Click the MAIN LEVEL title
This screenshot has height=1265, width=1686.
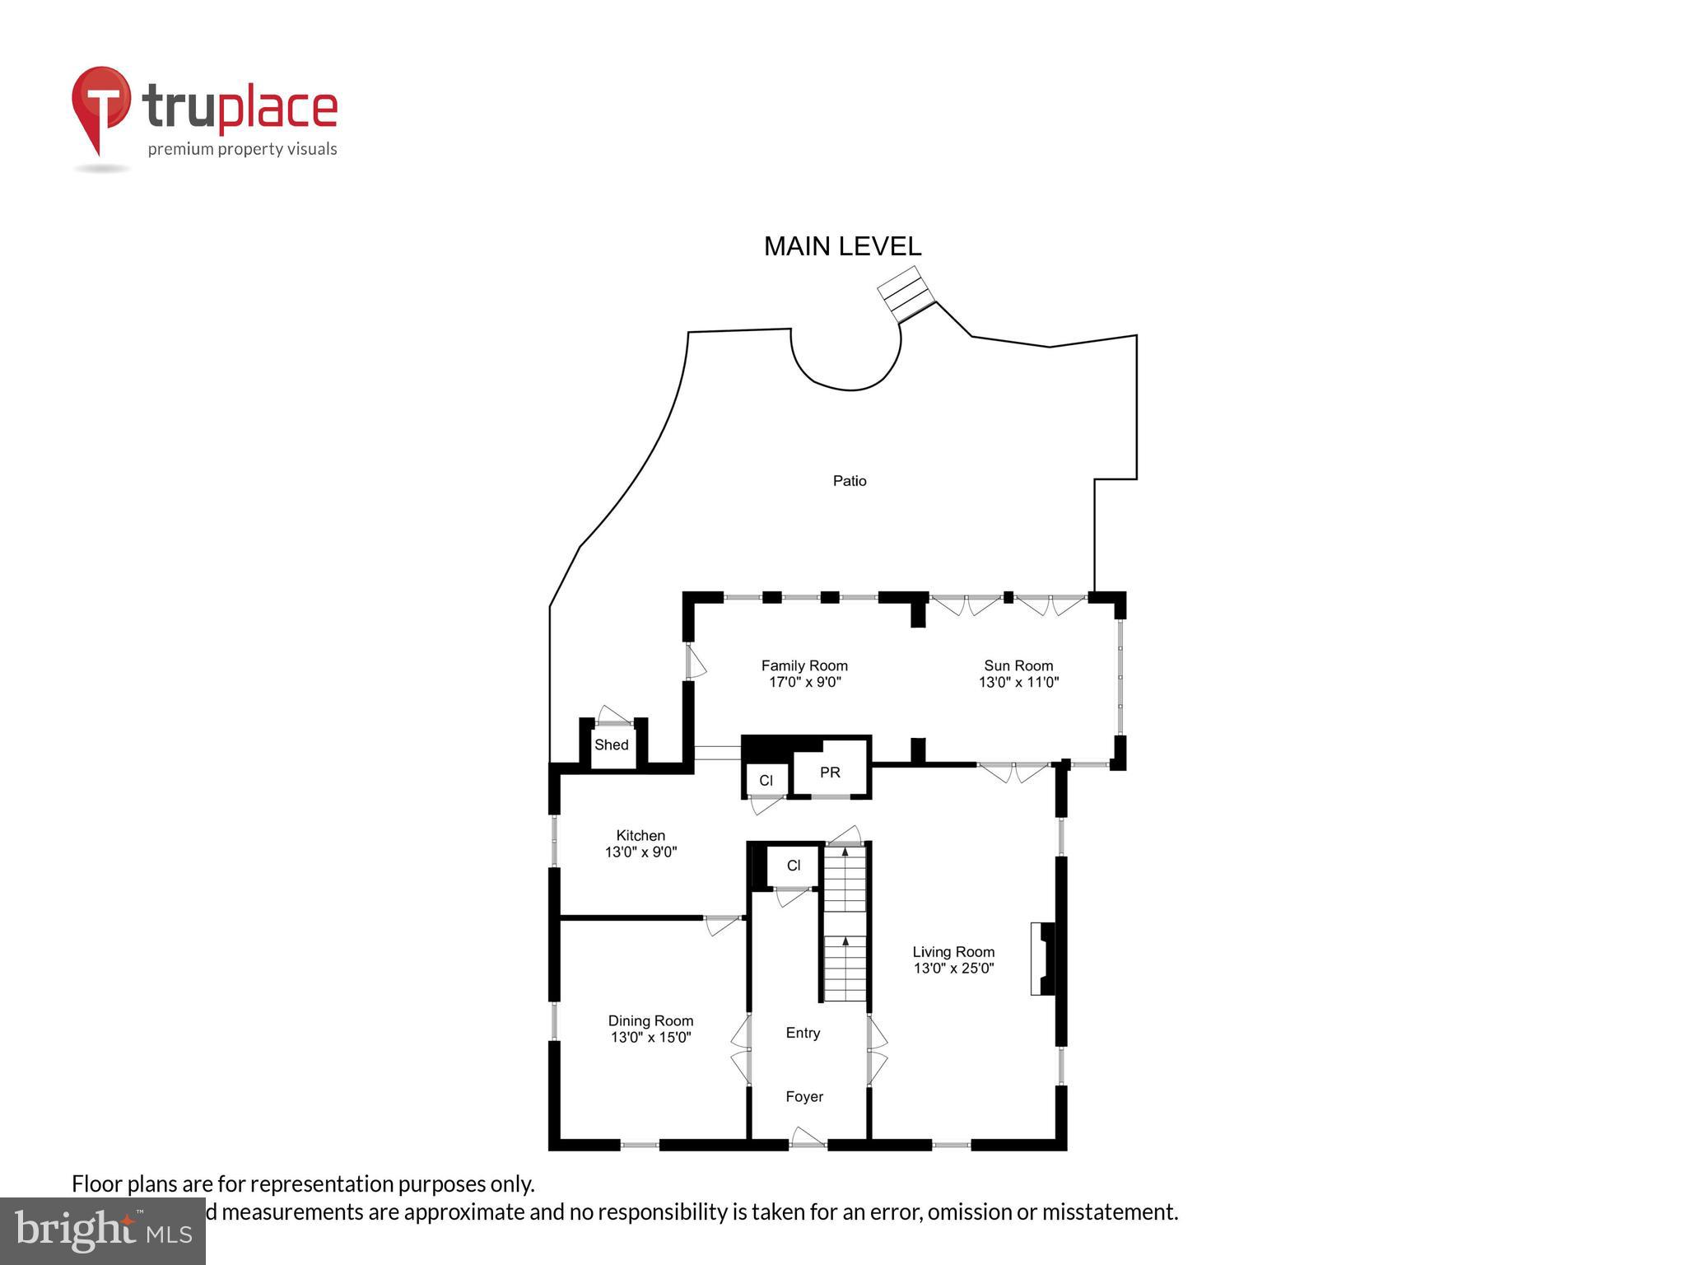[842, 246]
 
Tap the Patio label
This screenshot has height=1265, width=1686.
[849, 481]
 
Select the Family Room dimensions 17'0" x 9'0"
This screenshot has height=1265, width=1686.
[804, 682]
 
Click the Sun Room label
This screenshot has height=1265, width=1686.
[1018, 665]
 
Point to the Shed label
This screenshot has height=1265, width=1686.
[611, 745]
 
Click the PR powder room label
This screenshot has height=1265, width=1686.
[830, 773]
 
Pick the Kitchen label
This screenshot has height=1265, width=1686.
[640, 835]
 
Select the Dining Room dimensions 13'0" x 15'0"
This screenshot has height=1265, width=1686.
[650, 1037]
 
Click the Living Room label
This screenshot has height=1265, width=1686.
[953, 951]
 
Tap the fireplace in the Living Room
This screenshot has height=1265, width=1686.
[1042, 959]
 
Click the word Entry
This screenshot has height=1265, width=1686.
[803, 1033]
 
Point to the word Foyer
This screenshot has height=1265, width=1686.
[804, 1096]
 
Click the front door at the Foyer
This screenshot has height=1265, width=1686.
[808, 1139]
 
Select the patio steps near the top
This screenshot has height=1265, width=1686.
[906, 292]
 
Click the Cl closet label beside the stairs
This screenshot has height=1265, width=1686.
[794, 866]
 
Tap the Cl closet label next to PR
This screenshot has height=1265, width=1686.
[766, 781]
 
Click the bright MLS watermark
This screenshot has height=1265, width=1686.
[103, 1230]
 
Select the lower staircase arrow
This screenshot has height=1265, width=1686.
[845, 941]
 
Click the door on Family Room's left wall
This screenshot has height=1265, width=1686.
[696, 661]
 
